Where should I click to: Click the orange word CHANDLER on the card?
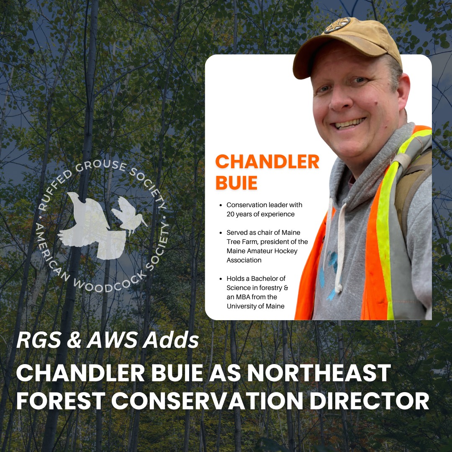pos(267,162)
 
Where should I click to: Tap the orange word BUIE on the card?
pos(236,183)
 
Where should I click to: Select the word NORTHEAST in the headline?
pos(319,373)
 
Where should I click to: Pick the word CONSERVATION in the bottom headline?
pos(207,401)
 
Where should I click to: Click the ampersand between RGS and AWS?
pos(74,340)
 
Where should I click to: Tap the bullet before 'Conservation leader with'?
pos(221,205)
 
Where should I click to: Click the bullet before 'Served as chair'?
pos(221,233)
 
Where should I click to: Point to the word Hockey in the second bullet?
pos(286,251)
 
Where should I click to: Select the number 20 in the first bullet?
pos(231,214)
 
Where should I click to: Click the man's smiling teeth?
pos(349,123)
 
